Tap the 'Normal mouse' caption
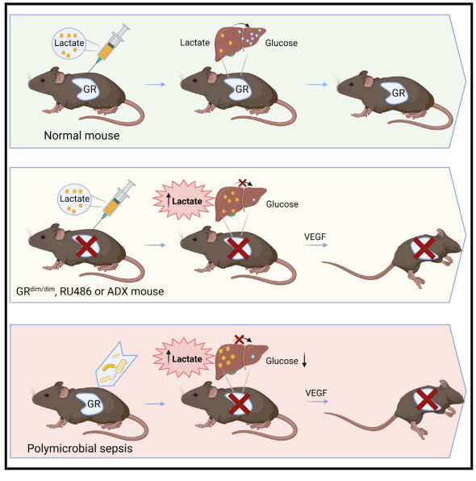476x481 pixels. (81, 135)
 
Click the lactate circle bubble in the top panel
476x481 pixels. (70, 45)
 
